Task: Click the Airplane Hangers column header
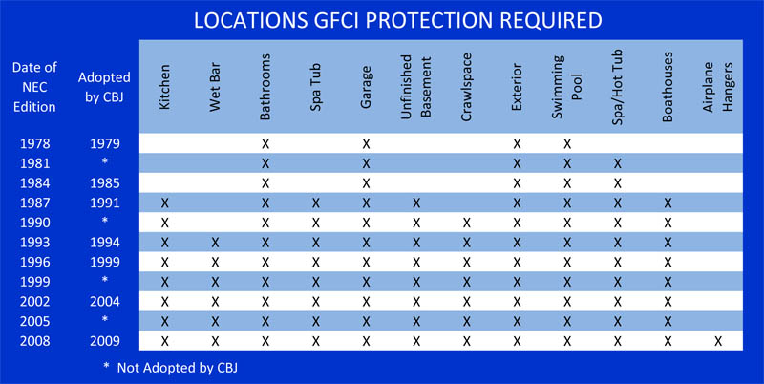pos(718,88)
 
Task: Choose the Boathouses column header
pos(668,86)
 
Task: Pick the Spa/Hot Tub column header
pos(617,88)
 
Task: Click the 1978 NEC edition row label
pos(34,143)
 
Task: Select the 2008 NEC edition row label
pos(34,341)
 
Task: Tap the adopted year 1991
pos(105,203)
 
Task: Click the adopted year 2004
pos(105,302)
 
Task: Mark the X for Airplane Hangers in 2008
pos(718,341)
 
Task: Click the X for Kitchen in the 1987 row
pos(164,203)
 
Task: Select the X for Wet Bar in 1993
pos(215,243)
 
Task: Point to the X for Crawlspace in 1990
pos(467,224)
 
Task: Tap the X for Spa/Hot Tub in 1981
pos(617,163)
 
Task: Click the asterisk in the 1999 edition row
pos(105,281)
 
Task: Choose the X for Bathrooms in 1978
pos(265,143)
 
